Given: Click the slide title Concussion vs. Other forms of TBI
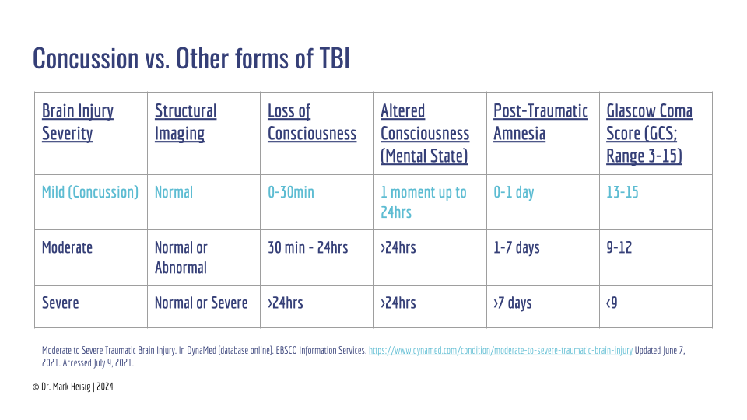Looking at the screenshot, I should tap(191, 58).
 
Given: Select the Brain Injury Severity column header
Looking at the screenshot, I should tap(78, 122).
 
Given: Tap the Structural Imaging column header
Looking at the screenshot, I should tap(185, 122).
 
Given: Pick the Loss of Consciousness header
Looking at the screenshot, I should tap(311, 122).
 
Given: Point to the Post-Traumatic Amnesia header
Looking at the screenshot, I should tap(540, 122).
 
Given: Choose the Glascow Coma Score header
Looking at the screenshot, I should tap(649, 133).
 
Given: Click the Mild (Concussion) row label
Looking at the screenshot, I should tap(90, 192).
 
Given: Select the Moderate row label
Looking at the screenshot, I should tap(67, 247).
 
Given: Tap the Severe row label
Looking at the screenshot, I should tap(60, 303).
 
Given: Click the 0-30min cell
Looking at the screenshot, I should tap(290, 192).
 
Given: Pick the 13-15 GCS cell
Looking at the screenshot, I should tap(622, 192).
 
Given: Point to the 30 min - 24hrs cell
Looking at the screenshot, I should tap(307, 247).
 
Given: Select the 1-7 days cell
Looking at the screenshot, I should tap(516, 247).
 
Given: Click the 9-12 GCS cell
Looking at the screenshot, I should tap(619, 247).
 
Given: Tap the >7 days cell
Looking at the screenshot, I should tap(512, 303).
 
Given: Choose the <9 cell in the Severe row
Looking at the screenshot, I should tap(612, 303).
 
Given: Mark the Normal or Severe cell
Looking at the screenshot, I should tap(201, 303).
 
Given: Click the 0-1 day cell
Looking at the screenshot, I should tap(514, 192).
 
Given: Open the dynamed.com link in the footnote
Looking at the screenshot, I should tap(500, 351).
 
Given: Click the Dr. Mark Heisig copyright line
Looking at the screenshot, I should tap(78, 386).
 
